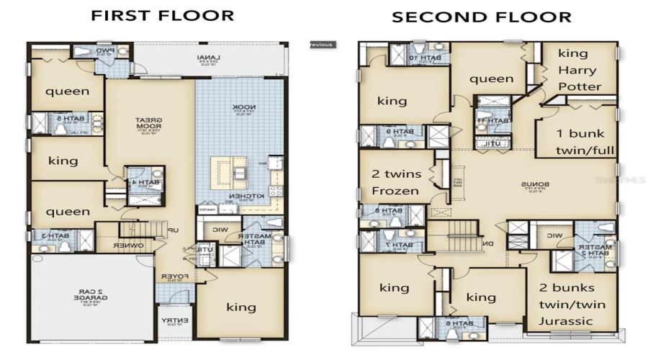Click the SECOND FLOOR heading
[481, 17]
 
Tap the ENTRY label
[171, 320]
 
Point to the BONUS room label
[534, 185]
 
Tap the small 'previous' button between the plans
[321, 45]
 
